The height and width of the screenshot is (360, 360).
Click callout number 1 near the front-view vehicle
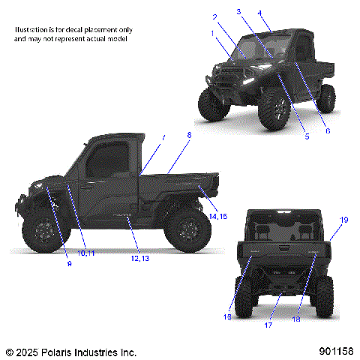pyautogui.click(x=212, y=33)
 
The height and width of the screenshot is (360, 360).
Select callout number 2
pyautogui.click(x=214, y=16)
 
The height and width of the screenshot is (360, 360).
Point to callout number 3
pyautogui.click(x=238, y=11)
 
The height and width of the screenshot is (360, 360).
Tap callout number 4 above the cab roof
pyautogui.click(x=259, y=13)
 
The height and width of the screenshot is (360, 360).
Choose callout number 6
pyautogui.click(x=327, y=130)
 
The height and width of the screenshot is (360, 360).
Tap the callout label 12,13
pyautogui.click(x=140, y=258)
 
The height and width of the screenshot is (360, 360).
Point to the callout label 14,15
pyautogui.click(x=218, y=216)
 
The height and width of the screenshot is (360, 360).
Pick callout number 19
pyautogui.click(x=344, y=220)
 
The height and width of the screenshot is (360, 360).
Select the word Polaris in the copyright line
pyautogui.click(x=58, y=351)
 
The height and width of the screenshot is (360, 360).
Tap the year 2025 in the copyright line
pyautogui.click(x=27, y=351)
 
